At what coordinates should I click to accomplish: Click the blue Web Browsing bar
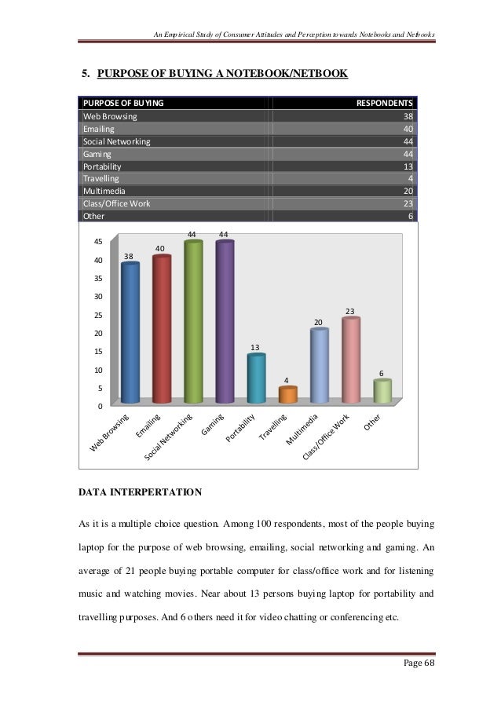click(x=130, y=334)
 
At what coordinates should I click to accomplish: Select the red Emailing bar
click(x=162, y=330)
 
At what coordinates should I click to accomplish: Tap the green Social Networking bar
click(x=193, y=322)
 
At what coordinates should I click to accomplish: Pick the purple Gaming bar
click(x=225, y=322)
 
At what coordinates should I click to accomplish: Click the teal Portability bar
click(x=256, y=379)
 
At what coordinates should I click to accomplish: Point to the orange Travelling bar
click(x=288, y=395)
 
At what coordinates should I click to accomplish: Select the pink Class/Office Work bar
click(x=351, y=360)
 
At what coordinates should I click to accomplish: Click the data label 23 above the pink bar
click(x=351, y=312)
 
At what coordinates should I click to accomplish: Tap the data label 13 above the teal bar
click(x=256, y=347)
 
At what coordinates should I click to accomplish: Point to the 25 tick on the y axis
click(x=99, y=315)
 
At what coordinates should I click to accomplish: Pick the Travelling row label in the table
click(x=101, y=177)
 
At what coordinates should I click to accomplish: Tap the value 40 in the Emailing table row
click(x=408, y=129)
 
